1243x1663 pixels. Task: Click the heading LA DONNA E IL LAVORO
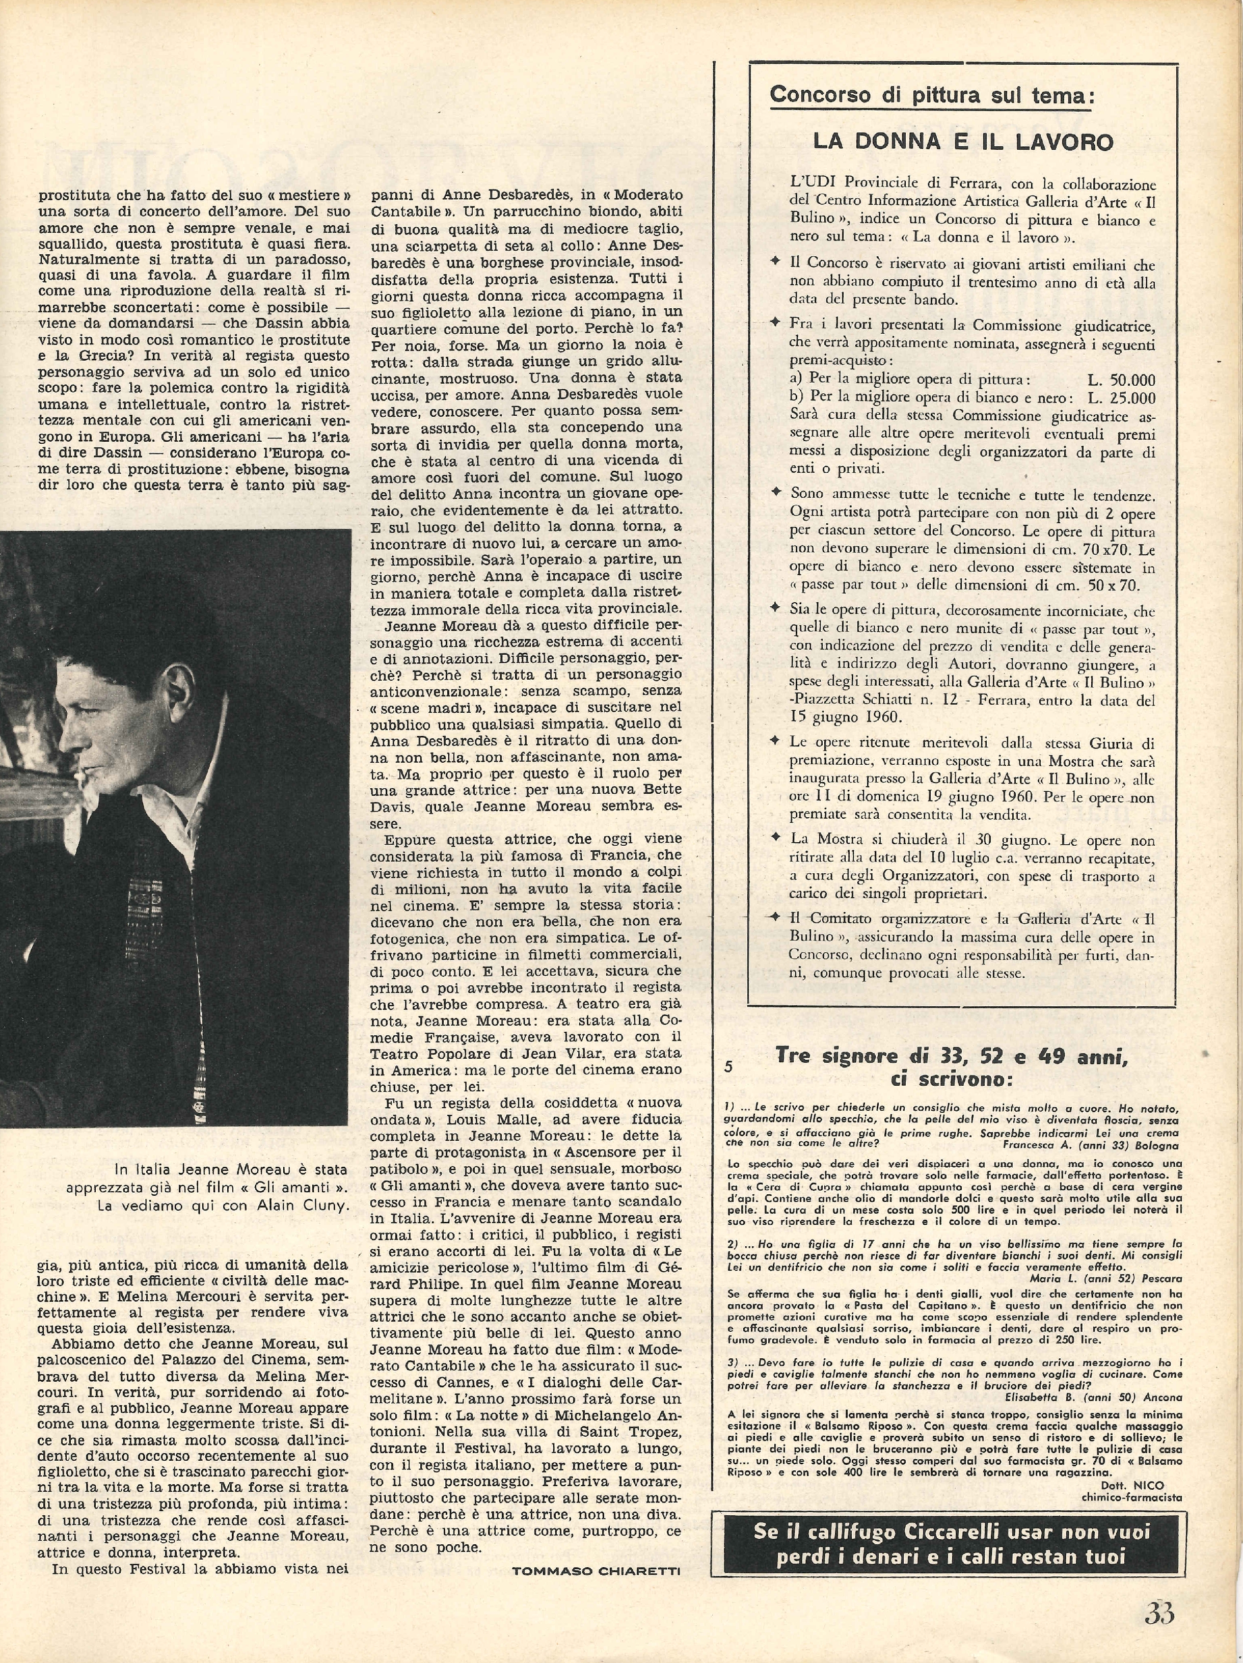tap(963, 142)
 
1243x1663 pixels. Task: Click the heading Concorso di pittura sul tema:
tap(932, 95)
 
